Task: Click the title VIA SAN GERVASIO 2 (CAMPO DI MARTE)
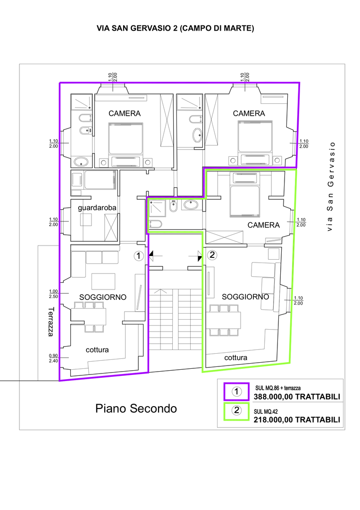pyautogui.click(x=176, y=28)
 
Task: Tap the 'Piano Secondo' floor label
pyautogui.click(x=136, y=408)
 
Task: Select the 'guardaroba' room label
pyautogui.click(x=97, y=208)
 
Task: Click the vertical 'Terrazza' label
pyautogui.click(x=50, y=322)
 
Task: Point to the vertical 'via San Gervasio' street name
pyautogui.click(x=330, y=187)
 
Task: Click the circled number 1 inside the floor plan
pyautogui.click(x=139, y=256)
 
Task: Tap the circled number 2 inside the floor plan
pyautogui.click(x=212, y=255)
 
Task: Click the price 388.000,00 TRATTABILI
pyautogui.click(x=297, y=397)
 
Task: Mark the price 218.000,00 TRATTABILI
pyautogui.click(x=297, y=420)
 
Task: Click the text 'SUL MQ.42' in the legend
pyautogui.click(x=266, y=412)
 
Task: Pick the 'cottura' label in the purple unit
pyautogui.click(x=97, y=350)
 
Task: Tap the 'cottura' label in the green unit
pyautogui.click(x=235, y=358)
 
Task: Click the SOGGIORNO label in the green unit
pyautogui.click(x=245, y=297)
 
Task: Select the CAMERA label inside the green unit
pyautogui.click(x=263, y=225)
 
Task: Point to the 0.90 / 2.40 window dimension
pyautogui.click(x=53, y=358)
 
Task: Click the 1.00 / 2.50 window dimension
pyautogui.click(x=53, y=294)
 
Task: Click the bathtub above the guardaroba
pyautogui.click(x=100, y=180)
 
